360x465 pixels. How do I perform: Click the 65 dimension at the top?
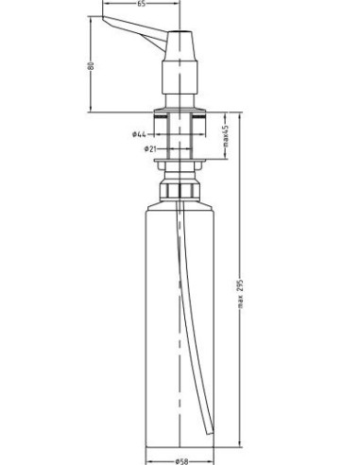click(x=141, y=5)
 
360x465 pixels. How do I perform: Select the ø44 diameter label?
click(x=138, y=133)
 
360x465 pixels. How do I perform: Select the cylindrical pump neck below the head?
click(x=180, y=85)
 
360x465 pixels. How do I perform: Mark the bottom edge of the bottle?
click(x=180, y=444)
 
